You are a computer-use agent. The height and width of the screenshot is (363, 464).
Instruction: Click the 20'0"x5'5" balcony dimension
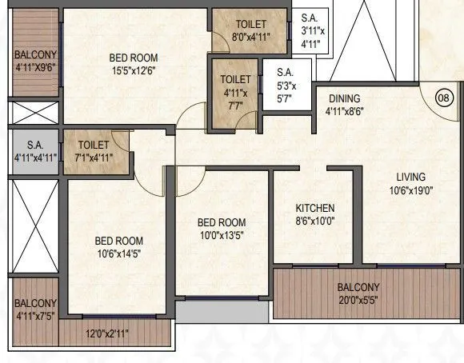click(358, 301)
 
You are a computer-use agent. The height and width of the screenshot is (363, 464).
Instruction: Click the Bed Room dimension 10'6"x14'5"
click(118, 254)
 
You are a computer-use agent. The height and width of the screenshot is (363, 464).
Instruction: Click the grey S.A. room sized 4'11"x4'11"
click(34, 151)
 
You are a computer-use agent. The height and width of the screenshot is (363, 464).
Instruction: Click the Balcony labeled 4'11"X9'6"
click(35, 62)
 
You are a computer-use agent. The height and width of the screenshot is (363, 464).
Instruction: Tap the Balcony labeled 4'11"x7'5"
click(35, 310)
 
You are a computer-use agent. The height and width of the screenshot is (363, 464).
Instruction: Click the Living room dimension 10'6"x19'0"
click(410, 190)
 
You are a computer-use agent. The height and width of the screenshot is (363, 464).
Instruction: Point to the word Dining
click(345, 99)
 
